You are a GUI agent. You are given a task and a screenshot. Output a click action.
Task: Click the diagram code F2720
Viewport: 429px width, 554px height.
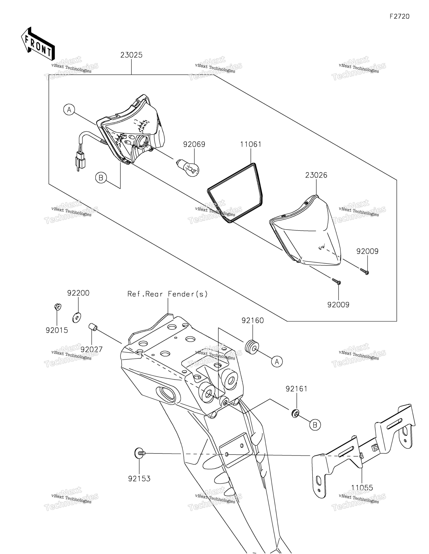coord(400,16)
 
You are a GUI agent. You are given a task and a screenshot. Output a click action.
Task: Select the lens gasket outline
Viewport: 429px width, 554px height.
coord(235,193)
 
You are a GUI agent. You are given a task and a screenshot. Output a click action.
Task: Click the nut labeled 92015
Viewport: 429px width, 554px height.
coord(58,307)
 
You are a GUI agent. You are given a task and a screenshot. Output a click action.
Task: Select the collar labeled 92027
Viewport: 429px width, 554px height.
coord(93,327)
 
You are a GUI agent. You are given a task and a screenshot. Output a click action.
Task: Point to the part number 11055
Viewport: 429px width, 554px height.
coord(362,488)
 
